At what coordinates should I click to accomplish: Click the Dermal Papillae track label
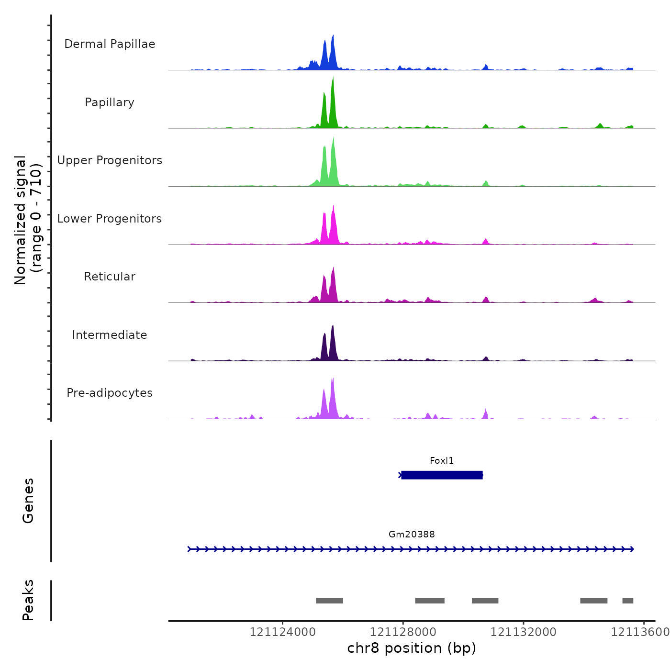110,44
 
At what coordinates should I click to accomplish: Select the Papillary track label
110,102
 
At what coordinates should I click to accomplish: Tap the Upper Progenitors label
110,160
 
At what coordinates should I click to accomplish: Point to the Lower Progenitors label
110,219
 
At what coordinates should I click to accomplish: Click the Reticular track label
110,277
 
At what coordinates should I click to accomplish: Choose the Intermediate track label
110,335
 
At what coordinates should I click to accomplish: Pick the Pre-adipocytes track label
110,393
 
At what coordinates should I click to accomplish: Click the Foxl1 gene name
441,461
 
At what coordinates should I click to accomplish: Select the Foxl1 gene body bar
441,475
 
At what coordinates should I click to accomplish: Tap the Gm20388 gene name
412,535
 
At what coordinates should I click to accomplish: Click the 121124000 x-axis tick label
282,632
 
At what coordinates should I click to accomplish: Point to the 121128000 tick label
403,632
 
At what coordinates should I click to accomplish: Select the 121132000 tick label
523,632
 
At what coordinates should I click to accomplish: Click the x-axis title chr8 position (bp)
412,648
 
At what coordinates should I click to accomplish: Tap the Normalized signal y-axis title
28,220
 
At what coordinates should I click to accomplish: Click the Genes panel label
28,501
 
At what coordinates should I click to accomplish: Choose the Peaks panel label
28,600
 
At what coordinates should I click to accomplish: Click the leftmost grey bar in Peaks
329,601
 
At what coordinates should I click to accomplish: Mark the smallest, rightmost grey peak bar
627,601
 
